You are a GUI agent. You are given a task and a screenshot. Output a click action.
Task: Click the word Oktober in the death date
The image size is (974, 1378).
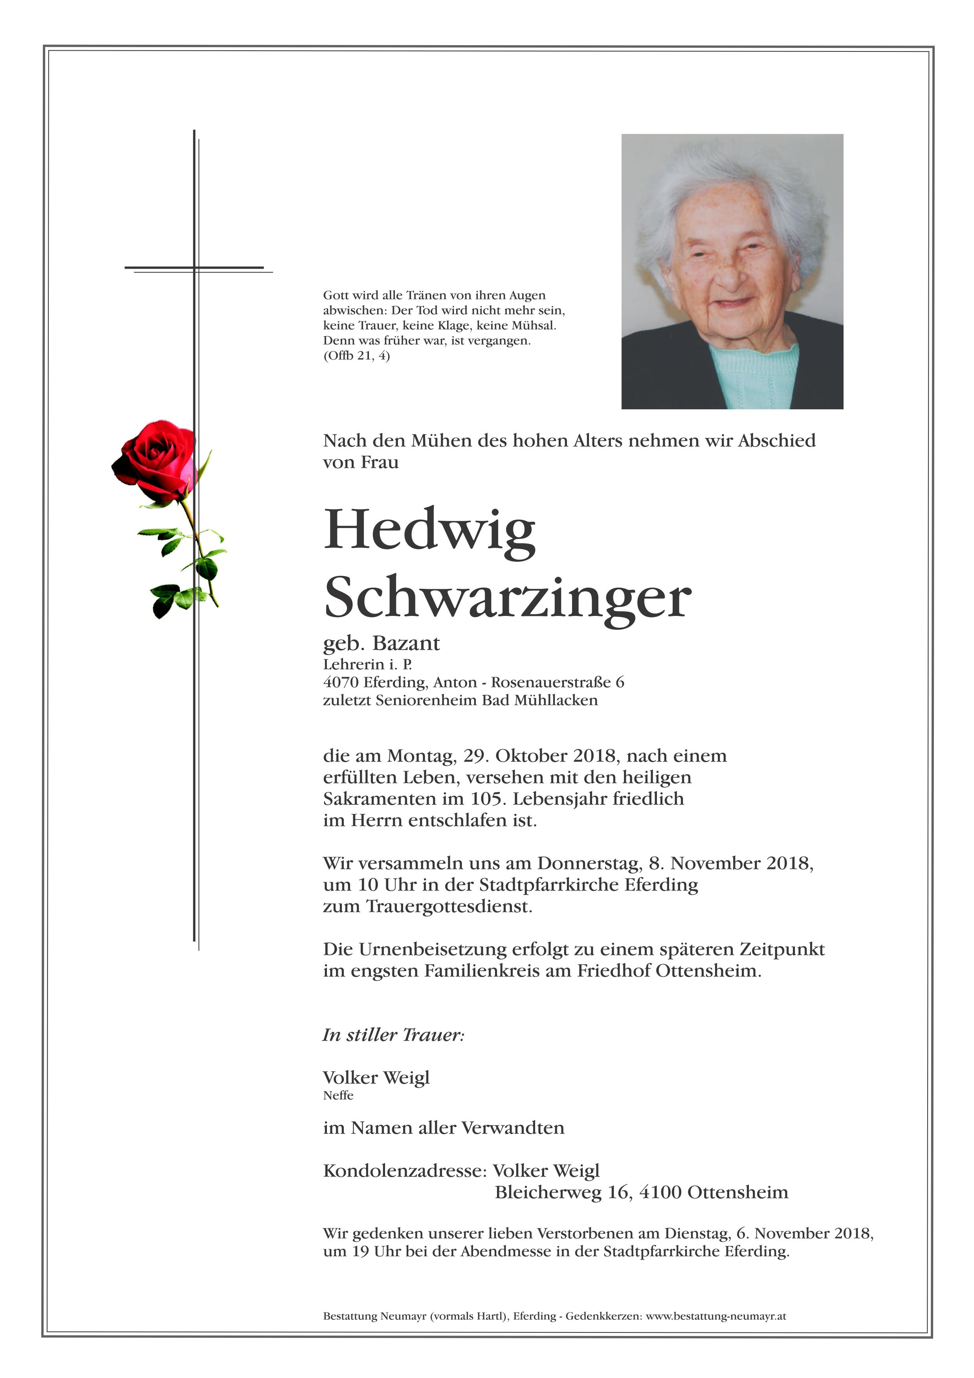click(532, 756)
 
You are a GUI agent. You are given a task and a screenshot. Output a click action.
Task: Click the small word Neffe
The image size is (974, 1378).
click(338, 1095)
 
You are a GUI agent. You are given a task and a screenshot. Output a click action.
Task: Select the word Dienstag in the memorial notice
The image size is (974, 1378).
click(697, 1234)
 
